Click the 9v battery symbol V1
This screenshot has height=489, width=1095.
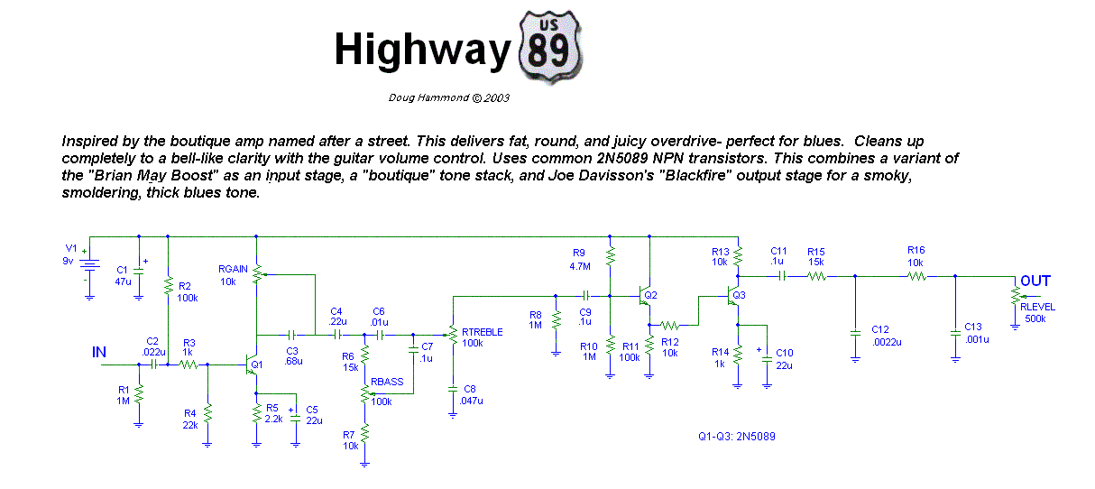tap(90, 265)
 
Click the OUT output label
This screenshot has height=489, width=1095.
tap(1035, 281)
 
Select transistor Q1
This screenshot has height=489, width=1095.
tap(252, 364)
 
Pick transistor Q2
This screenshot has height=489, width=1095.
tap(645, 295)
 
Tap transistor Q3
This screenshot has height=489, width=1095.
tap(733, 295)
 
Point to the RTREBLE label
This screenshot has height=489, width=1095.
tap(482, 332)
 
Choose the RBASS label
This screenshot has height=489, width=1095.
tap(387, 382)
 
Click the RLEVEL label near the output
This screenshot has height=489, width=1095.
tap(1037, 307)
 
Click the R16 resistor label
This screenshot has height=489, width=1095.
tap(916, 250)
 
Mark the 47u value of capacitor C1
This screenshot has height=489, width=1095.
tap(124, 281)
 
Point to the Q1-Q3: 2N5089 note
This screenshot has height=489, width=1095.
tap(736, 437)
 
